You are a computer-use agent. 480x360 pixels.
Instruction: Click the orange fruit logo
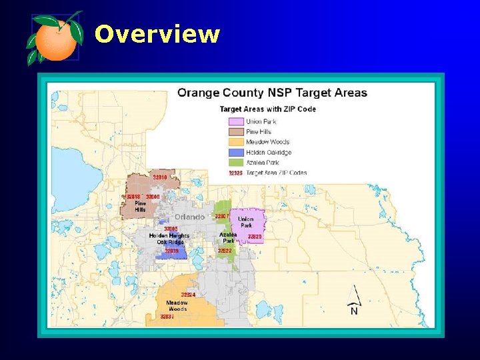tap(55, 37)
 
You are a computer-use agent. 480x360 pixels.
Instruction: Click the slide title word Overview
tap(157, 34)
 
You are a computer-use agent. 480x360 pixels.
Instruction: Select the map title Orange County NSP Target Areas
tap(272, 93)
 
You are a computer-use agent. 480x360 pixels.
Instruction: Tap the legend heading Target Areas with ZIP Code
tap(268, 109)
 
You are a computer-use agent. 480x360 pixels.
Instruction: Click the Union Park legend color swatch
tap(235, 121)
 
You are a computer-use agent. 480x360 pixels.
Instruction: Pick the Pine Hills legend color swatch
tap(235, 131)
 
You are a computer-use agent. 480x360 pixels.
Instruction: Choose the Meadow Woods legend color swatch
tap(235, 142)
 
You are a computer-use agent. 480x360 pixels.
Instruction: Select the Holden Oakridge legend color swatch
tap(235, 152)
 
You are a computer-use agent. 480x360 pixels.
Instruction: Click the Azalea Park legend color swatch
tap(235, 163)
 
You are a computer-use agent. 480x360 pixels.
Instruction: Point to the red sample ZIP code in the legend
tap(235, 173)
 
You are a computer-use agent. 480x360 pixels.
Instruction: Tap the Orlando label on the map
tap(190, 217)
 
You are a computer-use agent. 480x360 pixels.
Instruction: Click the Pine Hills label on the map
tap(140, 207)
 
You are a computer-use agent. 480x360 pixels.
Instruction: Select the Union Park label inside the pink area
tap(246, 222)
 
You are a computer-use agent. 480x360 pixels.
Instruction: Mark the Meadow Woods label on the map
tap(177, 306)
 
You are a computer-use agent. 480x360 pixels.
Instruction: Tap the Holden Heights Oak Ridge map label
tap(169, 239)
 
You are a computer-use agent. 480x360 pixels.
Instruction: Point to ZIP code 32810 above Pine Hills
tap(160, 177)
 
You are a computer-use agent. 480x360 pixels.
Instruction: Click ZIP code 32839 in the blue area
tap(171, 251)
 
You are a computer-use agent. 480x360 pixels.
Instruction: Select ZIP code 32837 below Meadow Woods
tap(167, 317)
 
